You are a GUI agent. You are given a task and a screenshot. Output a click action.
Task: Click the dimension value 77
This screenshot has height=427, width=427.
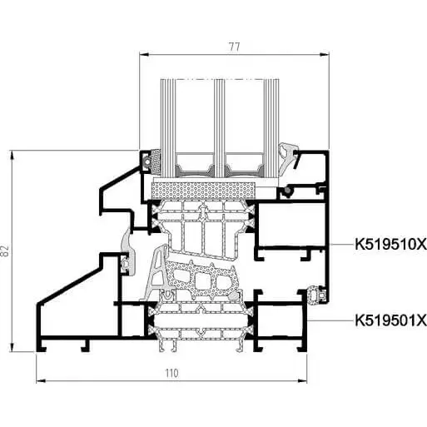(234, 47)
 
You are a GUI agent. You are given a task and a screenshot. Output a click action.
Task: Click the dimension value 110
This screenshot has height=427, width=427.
(172, 373)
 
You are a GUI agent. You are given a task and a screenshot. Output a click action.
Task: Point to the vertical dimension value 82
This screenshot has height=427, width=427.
(6, 251)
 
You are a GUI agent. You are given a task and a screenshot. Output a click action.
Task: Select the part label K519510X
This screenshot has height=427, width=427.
(390, 245)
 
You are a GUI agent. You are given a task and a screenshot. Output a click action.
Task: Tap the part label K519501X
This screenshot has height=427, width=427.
(390, 320)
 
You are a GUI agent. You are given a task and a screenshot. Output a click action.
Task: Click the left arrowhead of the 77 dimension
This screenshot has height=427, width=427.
(144, 55)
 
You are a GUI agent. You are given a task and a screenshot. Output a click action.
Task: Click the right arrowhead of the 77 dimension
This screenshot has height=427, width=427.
(324, 55)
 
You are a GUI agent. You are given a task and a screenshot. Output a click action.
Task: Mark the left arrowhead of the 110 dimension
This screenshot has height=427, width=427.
(42, 381)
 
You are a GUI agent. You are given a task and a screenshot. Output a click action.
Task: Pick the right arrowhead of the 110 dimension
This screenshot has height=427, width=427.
(302, 381)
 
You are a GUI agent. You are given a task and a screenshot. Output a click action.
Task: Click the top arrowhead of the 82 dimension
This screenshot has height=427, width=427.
(12, 156)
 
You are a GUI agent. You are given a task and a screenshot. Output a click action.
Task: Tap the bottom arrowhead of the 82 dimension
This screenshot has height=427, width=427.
(12, 345)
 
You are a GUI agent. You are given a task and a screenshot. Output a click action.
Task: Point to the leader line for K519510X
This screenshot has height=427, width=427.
(342, 245)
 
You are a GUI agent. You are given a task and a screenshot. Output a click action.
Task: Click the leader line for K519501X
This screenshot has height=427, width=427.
(331, 320)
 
